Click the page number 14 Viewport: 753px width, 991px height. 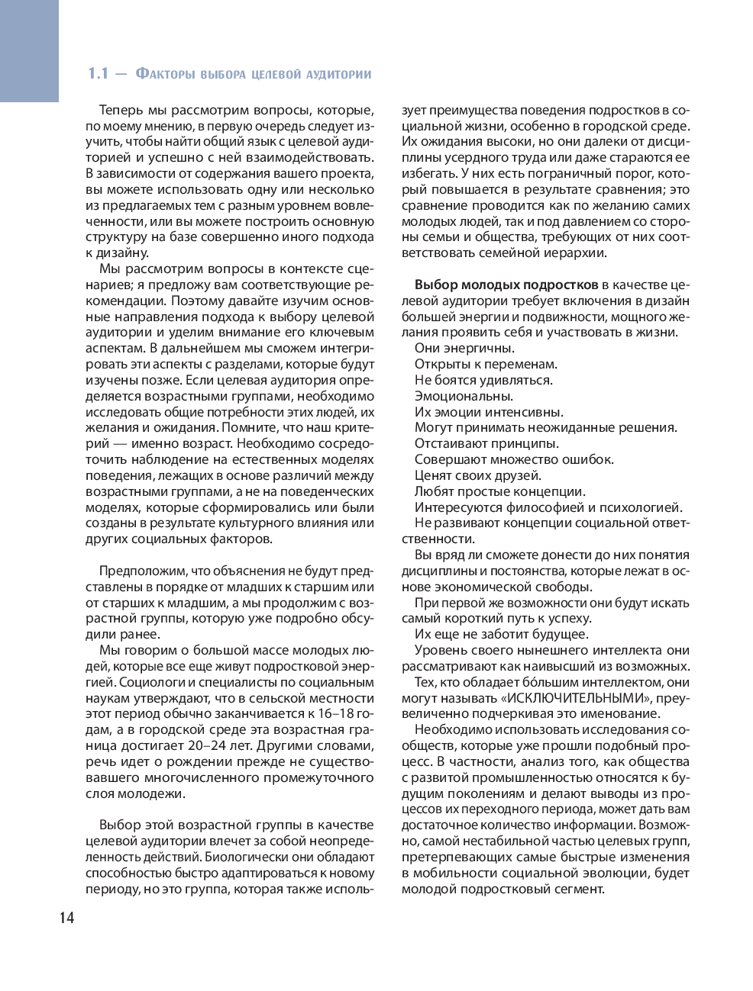(x=67, y=917)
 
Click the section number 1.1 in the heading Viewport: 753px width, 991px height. (x=98, y=74)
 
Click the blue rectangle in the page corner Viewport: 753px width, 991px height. (x=29, y=50)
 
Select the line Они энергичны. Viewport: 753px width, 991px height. (x=464, y=348)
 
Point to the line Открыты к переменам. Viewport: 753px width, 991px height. (x=486, y=364)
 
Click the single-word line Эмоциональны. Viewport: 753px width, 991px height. (x=464, y=396)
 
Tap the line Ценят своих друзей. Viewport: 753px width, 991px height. (x=478, y=475)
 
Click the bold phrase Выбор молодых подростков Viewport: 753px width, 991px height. (x=506, y=285)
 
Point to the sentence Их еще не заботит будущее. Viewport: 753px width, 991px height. (x=501, y=634)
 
